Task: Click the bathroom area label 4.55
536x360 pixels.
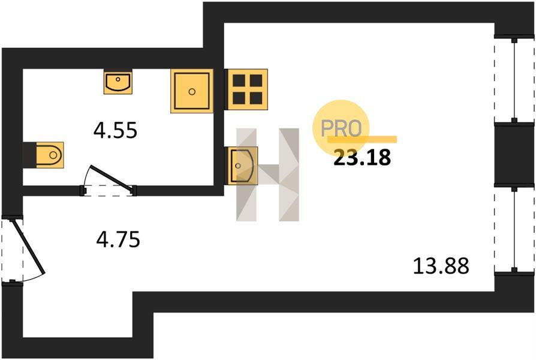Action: click(x=115, y=130)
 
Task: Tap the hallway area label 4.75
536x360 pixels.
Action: click(x=118, y=239)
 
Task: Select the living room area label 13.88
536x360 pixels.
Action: click(x=441, y=266)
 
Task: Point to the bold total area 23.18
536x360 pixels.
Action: click(x=362, y=157)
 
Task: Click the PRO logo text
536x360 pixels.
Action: click(x=341, y=128)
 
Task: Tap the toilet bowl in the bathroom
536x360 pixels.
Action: click(x=50, y=155)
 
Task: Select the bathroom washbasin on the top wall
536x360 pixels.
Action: click(x=118, y=82)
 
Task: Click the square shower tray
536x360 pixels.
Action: click(x=192, y=91)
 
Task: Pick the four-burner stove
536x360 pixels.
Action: click(x=247, y=89)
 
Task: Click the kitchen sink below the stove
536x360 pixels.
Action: click(x=242, y=166)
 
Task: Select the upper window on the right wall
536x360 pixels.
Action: click(x=514, y=79)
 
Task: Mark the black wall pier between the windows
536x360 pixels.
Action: click(x=514, y=154)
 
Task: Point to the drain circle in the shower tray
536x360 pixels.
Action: click(x=192, y=91)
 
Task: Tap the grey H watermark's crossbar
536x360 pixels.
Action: click(x=268, y=174)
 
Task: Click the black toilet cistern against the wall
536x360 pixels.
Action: click(x=29, y=155)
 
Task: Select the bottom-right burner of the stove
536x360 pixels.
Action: click(x=256, y=98)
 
